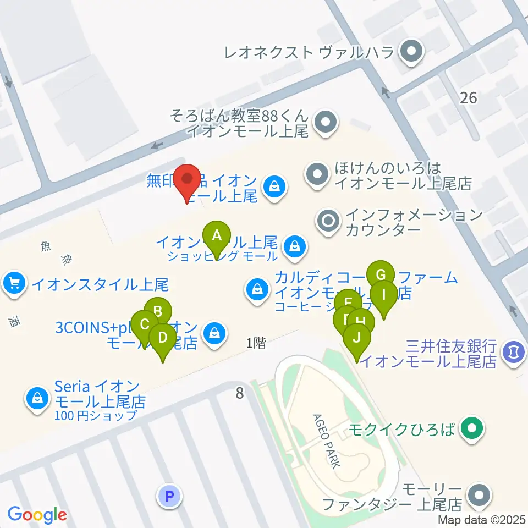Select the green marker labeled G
tap(381, 274)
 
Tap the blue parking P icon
tap(169, 497)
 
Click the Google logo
tap(37, 515)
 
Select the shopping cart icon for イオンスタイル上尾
tap(14, 284)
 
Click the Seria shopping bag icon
tap(37, 397)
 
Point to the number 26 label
tap(468, 98)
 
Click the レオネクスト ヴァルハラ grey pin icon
tap(410, 53)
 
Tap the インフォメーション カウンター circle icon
tap(329, 222)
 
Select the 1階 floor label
tap(256, 344)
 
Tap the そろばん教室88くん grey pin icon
tap(326, 122)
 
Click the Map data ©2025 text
tap(482, 520)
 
